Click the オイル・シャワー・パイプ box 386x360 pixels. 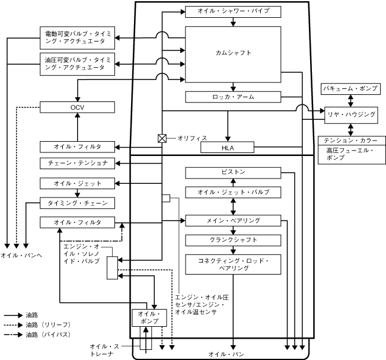point(233,12)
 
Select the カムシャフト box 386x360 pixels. point(233,55)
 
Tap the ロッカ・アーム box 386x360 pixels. point(233,97)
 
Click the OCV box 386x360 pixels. point(77,107)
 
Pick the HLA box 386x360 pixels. point(227,147)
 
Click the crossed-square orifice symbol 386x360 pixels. point(162,138)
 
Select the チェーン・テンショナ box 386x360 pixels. point(77,163)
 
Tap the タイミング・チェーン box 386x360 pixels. point(77,203)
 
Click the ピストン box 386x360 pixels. point(233,173)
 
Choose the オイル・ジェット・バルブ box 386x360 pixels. point(233,192)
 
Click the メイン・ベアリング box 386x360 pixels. point(233,221)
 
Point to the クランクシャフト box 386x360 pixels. point(233,240)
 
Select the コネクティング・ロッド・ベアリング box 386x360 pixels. point(233,265)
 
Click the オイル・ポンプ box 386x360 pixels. point(149,318)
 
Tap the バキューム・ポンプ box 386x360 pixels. point(350,89)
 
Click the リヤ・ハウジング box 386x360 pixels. point(351,115)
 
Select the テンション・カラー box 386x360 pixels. point(352,141)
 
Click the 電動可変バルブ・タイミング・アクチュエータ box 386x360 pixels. point(77,38)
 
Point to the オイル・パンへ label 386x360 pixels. point(21,256)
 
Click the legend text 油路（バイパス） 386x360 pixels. point(48,334)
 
